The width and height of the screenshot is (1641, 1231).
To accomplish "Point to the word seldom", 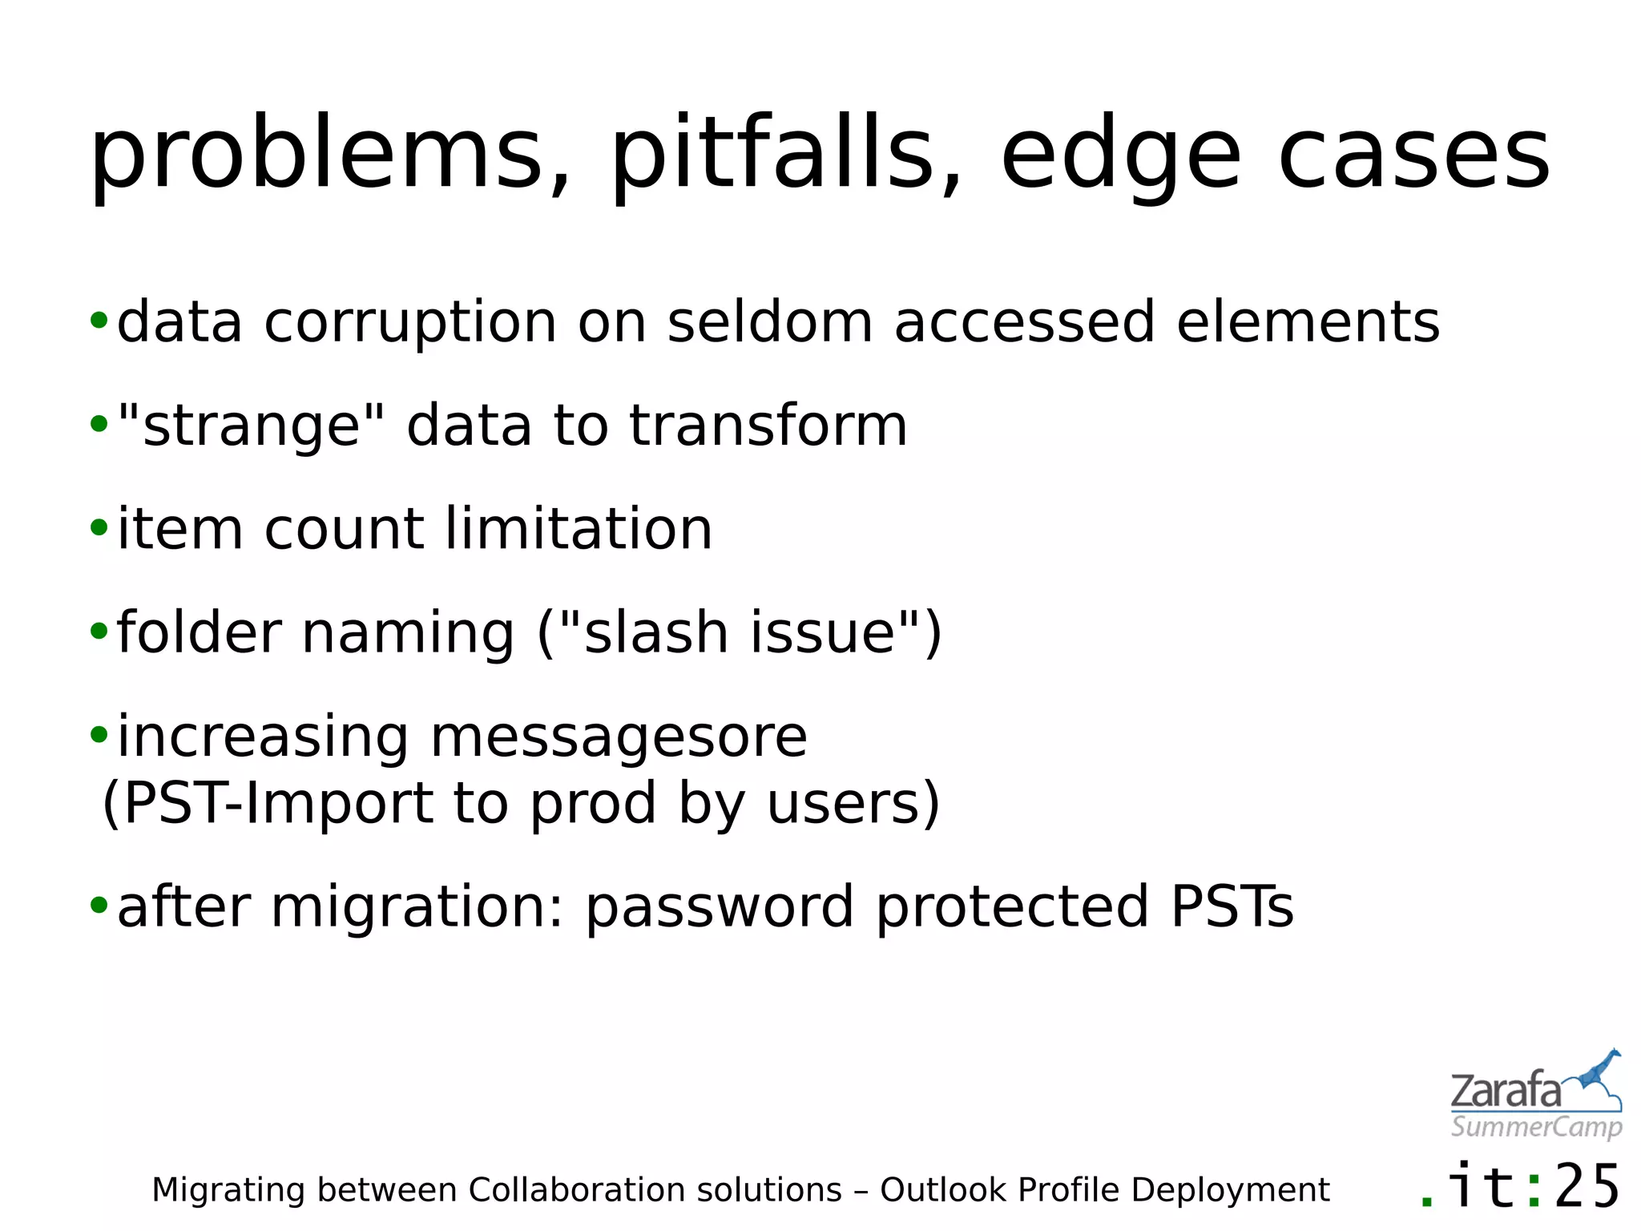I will point(769,322).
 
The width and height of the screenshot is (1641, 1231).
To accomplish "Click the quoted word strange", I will point(251,426).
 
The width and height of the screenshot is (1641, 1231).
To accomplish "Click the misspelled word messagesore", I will point(619,737).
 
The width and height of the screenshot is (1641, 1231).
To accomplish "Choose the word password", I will point(719,908).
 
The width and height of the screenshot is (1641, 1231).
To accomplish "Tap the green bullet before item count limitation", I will point(99,528).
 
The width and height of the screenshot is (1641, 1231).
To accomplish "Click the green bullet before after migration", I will point(99,906).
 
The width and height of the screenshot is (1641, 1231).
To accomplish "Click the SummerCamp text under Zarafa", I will point(1536,1127).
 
